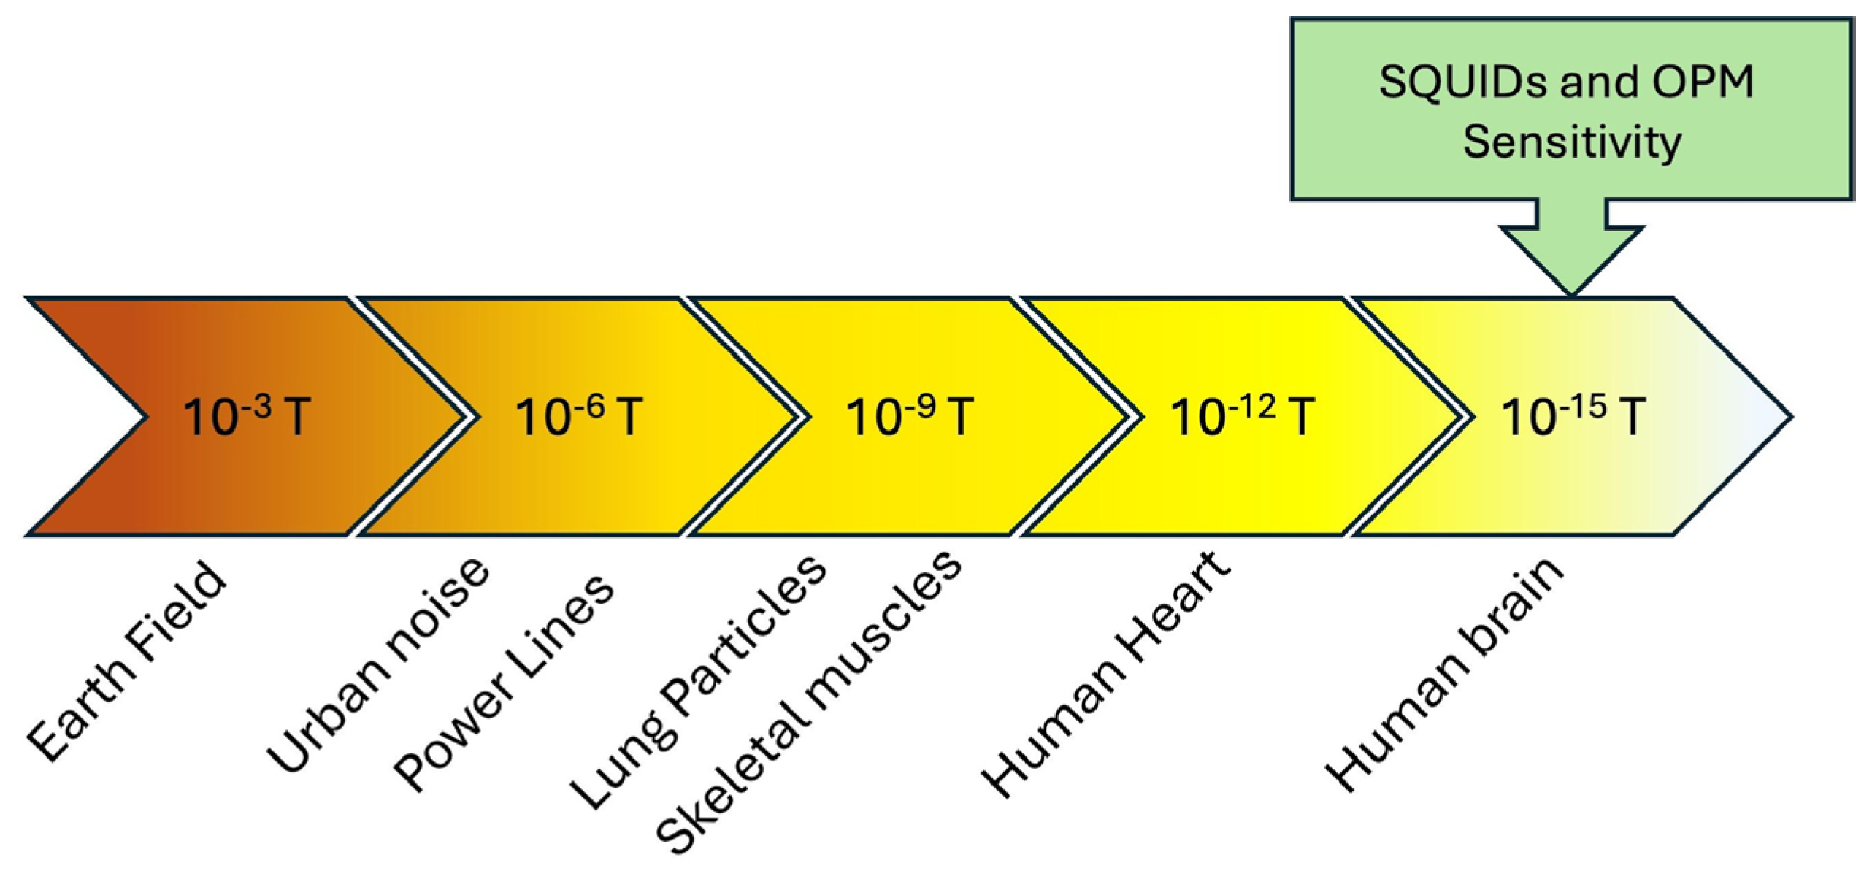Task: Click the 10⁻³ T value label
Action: [247, 417]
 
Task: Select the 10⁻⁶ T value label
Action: [579, 417]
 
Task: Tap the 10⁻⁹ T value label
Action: [910, 417]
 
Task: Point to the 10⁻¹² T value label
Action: [1242, 417]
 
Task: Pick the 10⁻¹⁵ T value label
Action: [1573, 417]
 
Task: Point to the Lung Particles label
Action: [697, 683]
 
